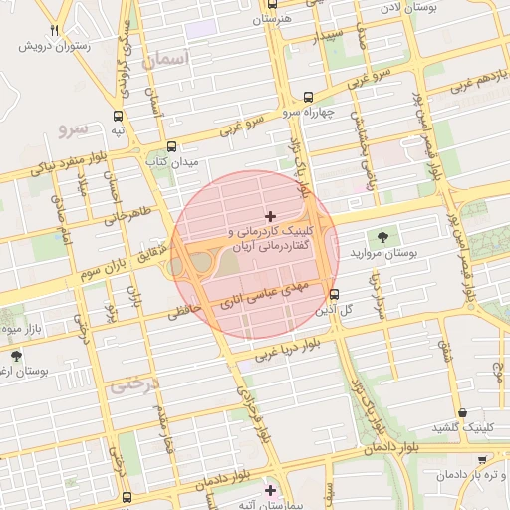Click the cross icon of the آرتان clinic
[x=270, y=216]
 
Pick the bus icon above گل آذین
[x=334, y=294]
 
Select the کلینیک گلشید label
[x=464, y=428]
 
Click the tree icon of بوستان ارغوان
[x=15, y=356]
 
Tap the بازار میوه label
[x=18, y=328]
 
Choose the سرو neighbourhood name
[x=75, y=129]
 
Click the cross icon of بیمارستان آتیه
[x=270, y=489]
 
